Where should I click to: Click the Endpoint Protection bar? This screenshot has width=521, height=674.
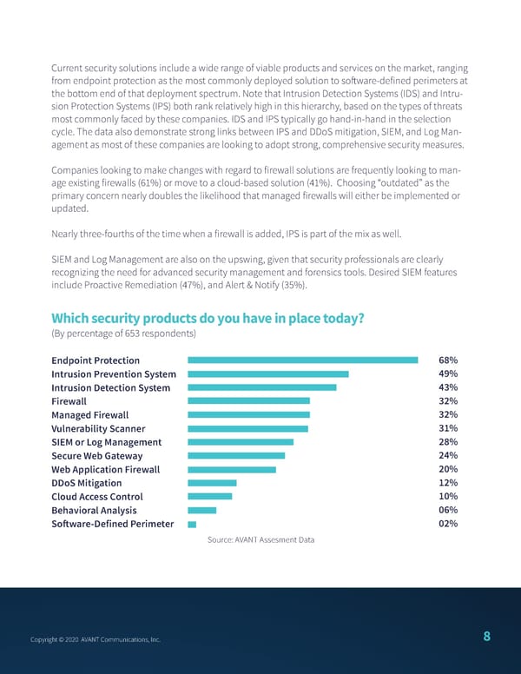coord(302,360)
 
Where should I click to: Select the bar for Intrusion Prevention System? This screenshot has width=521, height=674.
coord(267,374)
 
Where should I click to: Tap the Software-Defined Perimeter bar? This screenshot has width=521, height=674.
coord(192,524)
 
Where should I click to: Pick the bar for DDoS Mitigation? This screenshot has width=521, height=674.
coord(212,483)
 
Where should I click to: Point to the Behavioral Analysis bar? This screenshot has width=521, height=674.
coord(201,510)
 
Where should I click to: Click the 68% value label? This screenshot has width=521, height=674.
coord(448,360)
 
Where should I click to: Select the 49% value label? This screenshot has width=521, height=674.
coord(448,374)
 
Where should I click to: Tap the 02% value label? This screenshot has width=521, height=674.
coord(448,524)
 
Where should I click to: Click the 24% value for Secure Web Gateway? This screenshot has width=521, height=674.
coord(448,456)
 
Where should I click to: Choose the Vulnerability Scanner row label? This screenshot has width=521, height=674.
coord(98,429)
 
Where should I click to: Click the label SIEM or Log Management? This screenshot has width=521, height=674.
coord(106,442)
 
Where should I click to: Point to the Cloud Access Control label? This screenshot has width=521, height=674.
coord(96,497)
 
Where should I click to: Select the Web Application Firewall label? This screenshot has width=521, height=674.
coord(105,470)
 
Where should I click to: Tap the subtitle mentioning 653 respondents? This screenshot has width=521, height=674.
coord(123,334)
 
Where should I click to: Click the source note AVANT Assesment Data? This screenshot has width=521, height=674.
coord(260,540)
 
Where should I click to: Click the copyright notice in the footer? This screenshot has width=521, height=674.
coord(95,640)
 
